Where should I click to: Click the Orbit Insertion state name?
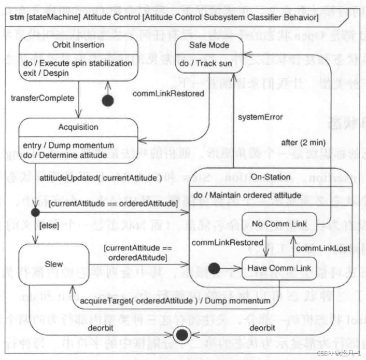[77, 45]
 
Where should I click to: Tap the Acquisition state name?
[79, 127]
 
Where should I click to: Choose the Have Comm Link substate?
[279, 268]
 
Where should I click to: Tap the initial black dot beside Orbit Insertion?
[107, 101]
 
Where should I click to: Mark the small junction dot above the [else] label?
[35, 212]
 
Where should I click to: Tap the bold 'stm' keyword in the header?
[17, 18]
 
